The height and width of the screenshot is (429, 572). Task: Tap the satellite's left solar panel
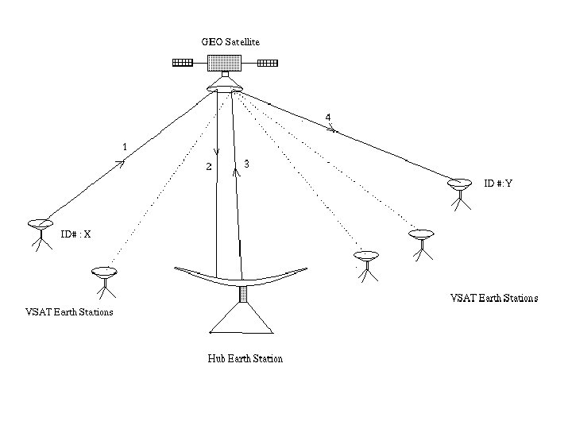[183, 62]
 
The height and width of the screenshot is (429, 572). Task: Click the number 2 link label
[209, 168]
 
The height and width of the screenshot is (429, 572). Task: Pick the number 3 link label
[248, 164]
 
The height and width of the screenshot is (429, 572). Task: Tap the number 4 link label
[327, 118]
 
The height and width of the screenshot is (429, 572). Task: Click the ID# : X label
[76, 235]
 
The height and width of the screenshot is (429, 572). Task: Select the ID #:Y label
[498, 184]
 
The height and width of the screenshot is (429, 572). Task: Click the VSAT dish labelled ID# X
[38, 225]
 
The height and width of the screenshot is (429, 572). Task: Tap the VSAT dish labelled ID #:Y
[458, 184]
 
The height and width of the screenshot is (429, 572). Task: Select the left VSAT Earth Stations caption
[70, 311]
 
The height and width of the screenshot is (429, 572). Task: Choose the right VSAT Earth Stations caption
[494, 299]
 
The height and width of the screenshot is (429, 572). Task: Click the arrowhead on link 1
[122, 164]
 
